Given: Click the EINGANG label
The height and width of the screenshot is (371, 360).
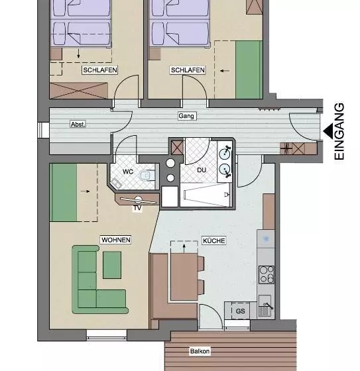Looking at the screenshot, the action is (x=339, y=132).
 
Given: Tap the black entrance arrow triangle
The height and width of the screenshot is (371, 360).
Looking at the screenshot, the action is (x=328, y=131).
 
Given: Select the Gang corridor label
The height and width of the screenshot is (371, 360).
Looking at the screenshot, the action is (x=186, y=116).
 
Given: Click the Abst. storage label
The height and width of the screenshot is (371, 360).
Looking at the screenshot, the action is (x=78, y=125).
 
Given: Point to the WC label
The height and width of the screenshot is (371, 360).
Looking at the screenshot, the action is (x=128, y=172).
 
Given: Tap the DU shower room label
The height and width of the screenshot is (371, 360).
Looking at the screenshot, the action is (x=202, y=170).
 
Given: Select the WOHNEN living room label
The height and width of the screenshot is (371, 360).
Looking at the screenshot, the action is (x=116, y=240).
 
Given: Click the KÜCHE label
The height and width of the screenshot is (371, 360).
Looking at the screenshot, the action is (x=214, y=240).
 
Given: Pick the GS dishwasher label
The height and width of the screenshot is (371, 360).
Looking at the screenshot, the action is (x=241, y=311).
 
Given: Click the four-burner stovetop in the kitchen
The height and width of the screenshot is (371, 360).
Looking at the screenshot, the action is (x=267, y=275).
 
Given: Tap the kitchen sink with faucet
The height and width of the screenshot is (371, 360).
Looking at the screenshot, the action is (x=266, y=305).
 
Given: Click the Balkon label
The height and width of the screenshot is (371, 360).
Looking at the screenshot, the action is (x=200, y=351).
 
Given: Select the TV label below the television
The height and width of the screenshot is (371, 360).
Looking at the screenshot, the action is (x=137, y=208).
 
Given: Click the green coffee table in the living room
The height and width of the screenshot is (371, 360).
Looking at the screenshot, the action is (x=112, y=265).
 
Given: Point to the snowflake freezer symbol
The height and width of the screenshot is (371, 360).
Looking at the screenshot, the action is (x=266, y=239).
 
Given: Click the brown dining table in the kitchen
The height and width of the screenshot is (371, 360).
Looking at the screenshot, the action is (x=184, y=277).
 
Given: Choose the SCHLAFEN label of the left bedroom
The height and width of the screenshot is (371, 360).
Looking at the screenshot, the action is (x=100, y=70).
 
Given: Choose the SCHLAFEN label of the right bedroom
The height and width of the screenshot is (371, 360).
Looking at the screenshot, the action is (x=188, y=70).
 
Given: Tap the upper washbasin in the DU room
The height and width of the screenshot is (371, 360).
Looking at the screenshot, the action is (x=225, y=154).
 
